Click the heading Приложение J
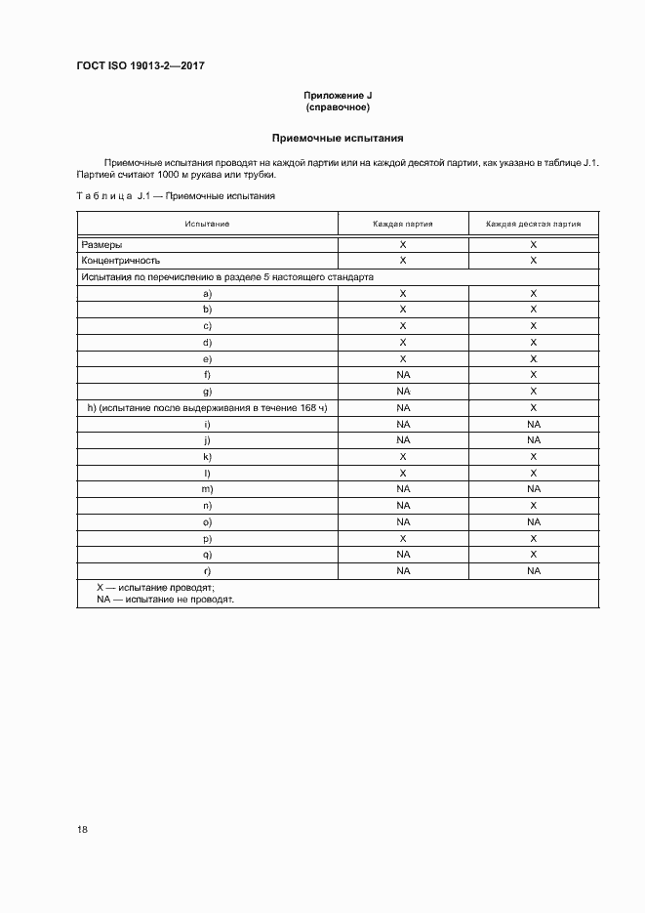click(338, 95)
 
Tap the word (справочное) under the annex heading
click(338, 106)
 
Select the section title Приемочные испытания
click(338, 139)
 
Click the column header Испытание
click(207, 224)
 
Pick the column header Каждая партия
click(402, 224)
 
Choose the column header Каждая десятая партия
click(533, 224)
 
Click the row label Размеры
click(102, 245)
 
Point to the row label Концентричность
click(121, 261)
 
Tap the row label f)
click(207, 374)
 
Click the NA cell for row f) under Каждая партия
click(402, 374)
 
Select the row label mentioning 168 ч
click(207, 407)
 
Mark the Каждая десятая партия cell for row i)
click(533, 425)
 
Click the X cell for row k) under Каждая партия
click(402, 456)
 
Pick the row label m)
click(207, 488)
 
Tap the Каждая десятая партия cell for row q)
click(533, 554)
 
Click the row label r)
click(207, 570)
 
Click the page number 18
click(82, 829)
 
